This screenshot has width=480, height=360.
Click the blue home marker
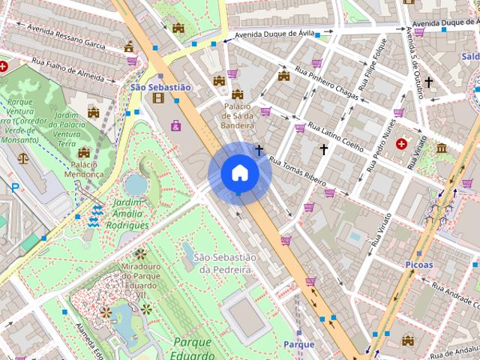pos(239,173)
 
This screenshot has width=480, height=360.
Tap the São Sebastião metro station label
pos(160,87)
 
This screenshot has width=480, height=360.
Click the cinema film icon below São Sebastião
pos(157,97)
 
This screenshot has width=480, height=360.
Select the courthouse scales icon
pos(23,159)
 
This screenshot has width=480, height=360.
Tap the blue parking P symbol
pos(14,187)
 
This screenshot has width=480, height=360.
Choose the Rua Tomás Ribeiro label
pos(298,172)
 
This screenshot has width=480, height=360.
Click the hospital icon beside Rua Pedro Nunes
pos(401,143)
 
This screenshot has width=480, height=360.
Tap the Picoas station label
pos(418,264)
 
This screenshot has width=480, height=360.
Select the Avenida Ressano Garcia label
pos(66,34)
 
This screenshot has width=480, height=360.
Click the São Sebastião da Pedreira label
pos(225,262)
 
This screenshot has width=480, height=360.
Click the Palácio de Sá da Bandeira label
pos(238,116)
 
